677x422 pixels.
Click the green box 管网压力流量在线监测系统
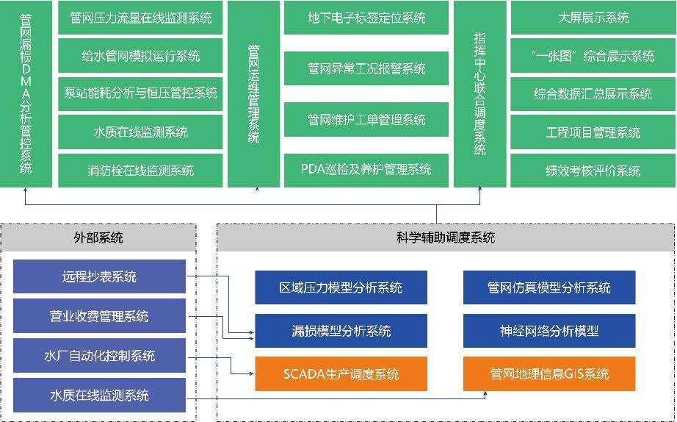coord(140,18)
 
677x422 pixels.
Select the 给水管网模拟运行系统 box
coord(140,56)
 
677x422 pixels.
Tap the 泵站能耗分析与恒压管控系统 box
coord(140,93)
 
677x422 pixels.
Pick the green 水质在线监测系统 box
coord(140,132)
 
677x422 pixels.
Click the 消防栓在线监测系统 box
coord(140,170)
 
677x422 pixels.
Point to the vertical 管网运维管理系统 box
coord(253,93)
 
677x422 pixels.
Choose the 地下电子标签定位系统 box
coord(366,18)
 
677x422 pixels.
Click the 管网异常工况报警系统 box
coord(366,68)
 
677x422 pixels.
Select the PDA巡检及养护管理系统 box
coord(366,169)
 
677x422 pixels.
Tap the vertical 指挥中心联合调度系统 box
coord(479,93)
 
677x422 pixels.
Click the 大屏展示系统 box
coord(593,18)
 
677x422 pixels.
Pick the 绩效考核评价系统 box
coord(593,171)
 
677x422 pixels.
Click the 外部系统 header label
coord(98,237)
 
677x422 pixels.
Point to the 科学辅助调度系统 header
coord(445,237)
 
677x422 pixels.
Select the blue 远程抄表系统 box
coord(99,277)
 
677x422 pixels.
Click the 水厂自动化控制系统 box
coord(99,356)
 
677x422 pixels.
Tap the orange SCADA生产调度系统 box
coord(341,373)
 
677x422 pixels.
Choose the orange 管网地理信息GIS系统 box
coord(549,373)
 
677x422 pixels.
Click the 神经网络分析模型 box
coord(549,331)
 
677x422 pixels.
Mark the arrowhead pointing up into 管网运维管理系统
coord(253,193)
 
